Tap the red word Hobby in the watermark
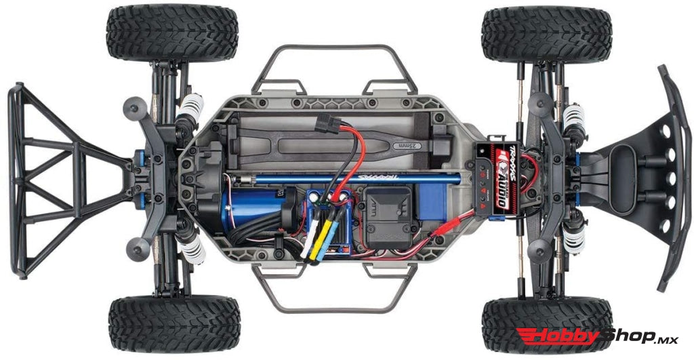(x=557, y=336)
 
